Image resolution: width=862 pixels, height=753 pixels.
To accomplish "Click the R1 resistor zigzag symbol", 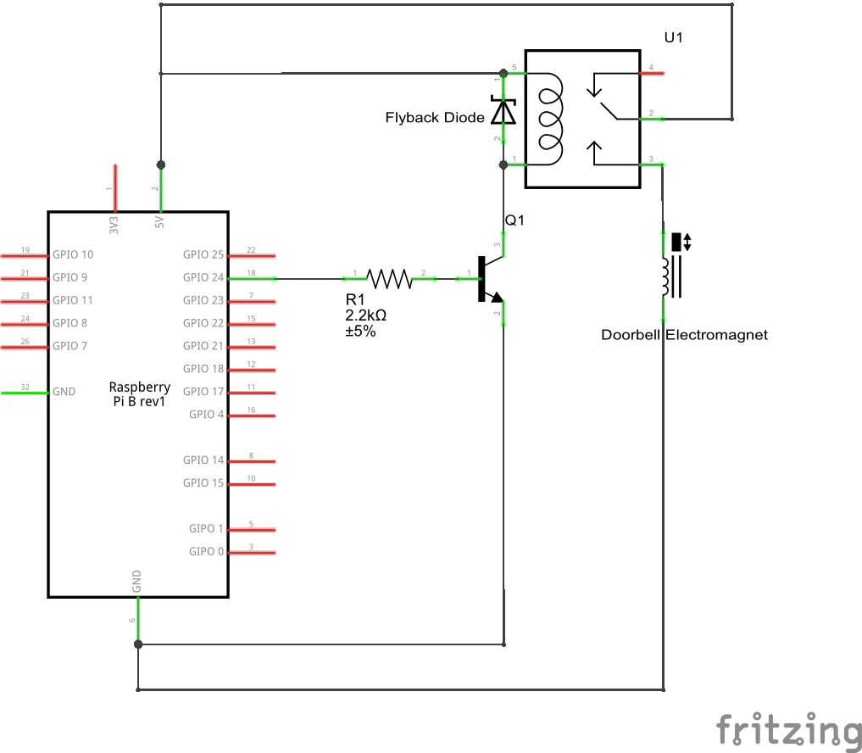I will coord(388,277).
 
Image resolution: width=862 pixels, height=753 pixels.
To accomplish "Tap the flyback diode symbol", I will coord(504,112).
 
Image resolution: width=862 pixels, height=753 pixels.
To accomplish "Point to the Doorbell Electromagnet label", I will coord(684,335).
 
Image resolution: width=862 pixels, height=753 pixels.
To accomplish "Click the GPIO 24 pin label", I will coord(203,277).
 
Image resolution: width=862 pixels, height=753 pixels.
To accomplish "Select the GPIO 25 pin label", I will coord(203,254).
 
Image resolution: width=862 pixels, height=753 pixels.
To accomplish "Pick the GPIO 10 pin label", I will coord(73,254).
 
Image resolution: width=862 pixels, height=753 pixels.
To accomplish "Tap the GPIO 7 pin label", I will coord(70,346).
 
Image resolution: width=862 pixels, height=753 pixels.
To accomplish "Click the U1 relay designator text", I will coord(674,38).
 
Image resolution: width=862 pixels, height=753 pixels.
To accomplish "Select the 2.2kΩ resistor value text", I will coord(366,315).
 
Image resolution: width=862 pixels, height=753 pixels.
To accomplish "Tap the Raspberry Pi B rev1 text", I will coord(139,394).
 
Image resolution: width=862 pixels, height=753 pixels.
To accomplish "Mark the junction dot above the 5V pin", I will coord(160,165).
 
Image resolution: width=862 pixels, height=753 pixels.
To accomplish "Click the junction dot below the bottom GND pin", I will coord(137,644).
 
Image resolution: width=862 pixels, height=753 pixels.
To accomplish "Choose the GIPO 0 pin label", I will coord(207,552).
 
